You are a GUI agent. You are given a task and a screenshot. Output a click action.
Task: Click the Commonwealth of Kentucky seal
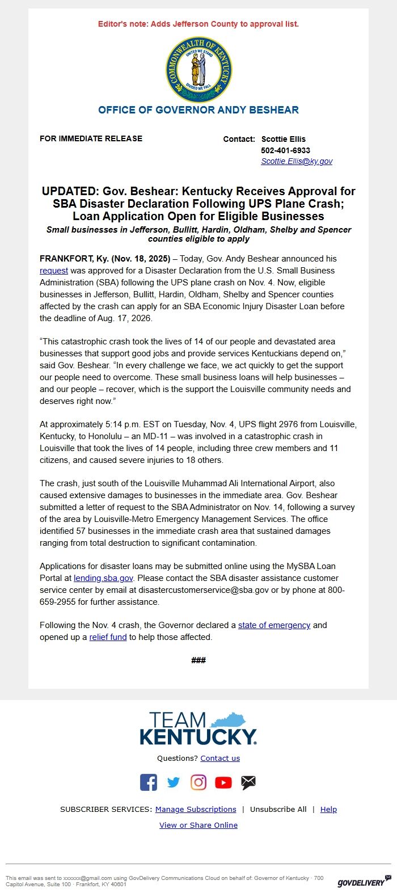[x=198, y=70]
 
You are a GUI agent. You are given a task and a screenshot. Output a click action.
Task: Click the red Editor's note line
[x=198, y=24]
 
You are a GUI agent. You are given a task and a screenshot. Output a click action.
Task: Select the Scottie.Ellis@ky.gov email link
[x=297, y=161]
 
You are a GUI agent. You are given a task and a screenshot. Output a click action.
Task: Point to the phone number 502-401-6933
[x=285, y=150]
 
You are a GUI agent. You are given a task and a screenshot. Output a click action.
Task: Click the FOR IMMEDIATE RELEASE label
[x=91, y=138]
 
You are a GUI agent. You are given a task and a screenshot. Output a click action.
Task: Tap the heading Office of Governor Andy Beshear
[x=198, y=110]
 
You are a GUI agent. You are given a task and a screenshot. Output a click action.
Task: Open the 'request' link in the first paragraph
[x=54, y=271]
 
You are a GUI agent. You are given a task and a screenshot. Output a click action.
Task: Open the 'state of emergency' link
[x=274, y=625]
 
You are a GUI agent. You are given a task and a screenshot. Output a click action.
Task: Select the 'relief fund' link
[x=108, y=637]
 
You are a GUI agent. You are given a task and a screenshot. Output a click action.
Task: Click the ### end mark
[x=198, y=660]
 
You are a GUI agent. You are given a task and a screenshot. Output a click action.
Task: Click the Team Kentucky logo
[x=198, y=729]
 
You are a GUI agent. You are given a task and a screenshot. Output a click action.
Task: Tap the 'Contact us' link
[x=220, y=759]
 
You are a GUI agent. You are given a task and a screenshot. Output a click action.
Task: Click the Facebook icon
[x=149, y=782]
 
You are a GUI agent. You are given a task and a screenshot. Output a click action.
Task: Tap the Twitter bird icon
[x=174, y=783]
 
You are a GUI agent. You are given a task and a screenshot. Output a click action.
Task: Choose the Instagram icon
[x=198, y=782]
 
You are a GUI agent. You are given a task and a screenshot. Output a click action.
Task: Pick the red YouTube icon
[x=223, y=783]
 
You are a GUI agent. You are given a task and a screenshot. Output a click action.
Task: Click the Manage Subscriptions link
[x=196, y=810]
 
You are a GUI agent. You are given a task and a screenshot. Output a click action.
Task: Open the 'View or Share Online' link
[x=198, y=825]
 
